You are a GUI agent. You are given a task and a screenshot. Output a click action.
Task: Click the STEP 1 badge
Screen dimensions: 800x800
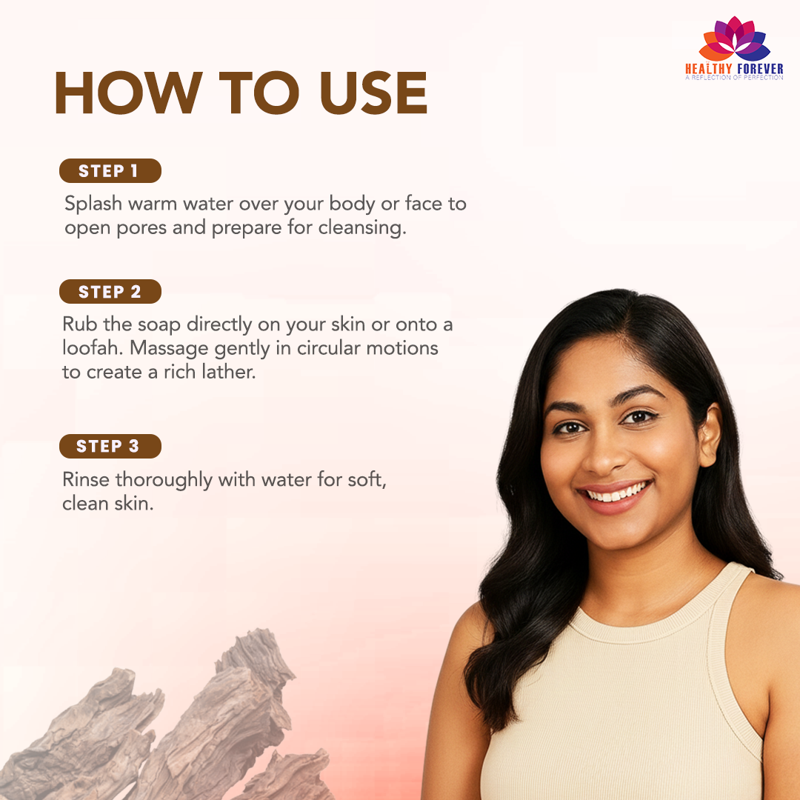click(110, 171)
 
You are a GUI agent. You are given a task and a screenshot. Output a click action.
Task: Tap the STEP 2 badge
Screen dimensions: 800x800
click(110, 292)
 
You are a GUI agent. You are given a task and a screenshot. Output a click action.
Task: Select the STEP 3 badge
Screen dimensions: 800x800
click(110, 447)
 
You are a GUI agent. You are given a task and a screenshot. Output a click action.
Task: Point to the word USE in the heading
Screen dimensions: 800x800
click(373, 93)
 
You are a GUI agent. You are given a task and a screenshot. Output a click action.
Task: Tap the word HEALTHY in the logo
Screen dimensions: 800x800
click(709, 69)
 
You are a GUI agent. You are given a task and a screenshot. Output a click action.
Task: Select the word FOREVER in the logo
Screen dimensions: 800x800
click(760, 69)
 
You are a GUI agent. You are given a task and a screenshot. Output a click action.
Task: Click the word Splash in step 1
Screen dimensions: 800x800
click(93, 204)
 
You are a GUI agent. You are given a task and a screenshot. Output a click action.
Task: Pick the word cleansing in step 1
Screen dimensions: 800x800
click(362, 228)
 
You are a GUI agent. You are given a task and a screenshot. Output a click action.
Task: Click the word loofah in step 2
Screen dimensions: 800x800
click(93, 348)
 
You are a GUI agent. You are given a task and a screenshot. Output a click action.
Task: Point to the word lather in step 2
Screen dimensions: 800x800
click(229, 373)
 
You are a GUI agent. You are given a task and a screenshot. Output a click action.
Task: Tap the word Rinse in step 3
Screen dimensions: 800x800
click(86, 479)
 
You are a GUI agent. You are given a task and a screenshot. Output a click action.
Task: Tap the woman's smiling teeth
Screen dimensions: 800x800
click(616, 493)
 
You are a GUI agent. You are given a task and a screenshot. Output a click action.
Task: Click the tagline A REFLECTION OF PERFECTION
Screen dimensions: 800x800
click(734, 78)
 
